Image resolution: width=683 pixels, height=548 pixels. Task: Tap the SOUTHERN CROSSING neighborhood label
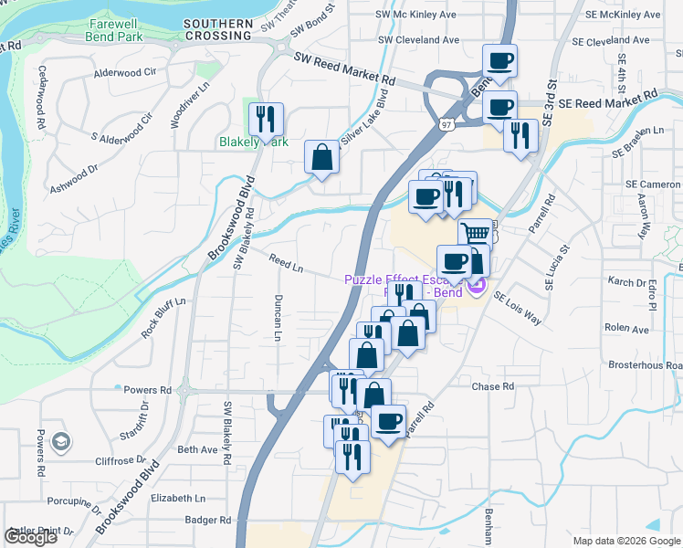[x=217, y=29]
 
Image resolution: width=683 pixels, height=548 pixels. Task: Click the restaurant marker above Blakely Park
[x=266, y=118]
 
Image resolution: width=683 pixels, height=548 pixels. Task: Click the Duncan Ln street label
[x=276, y=317]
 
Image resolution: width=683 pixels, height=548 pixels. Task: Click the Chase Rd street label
[x=492, y=386]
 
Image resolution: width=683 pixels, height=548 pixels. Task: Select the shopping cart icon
[x=475, y=234]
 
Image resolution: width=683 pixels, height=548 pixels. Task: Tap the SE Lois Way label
[x=517, y=309]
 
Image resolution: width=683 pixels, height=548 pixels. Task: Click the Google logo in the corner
[x=30, y=536]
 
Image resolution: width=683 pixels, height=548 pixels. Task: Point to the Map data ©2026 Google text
[x=625, y=541]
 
